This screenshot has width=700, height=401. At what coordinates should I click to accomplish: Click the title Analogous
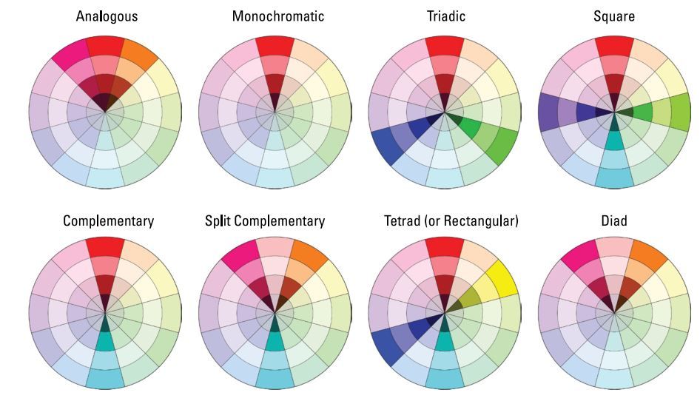pos(107,16)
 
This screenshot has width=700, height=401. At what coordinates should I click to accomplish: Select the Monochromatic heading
pos(277,16)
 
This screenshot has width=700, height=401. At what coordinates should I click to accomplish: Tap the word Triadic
pos(445,16)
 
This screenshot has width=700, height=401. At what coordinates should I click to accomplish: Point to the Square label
pos(613,16)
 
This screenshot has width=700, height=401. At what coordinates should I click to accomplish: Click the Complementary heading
pos(108,221)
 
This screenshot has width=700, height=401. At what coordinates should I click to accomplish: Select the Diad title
pos(613,221)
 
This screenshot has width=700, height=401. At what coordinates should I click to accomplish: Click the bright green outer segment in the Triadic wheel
pos(500,145)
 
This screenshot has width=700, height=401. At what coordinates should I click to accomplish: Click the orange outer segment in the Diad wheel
pos(648,259)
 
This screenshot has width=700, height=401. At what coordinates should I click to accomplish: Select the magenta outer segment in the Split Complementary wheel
pos(240,259)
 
